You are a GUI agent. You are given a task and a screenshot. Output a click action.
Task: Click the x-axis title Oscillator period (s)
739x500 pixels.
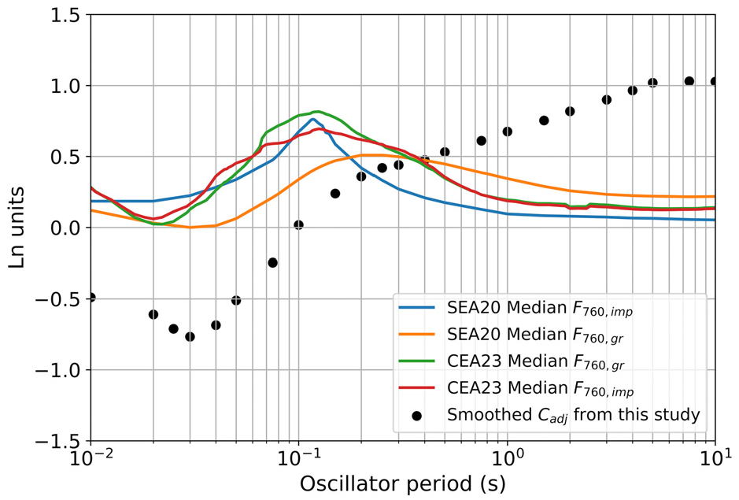coord(402,484)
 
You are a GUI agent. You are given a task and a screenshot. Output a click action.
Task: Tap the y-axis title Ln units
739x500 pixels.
coord(17,228)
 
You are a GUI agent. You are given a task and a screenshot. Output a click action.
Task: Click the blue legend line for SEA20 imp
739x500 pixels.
coord(416,308)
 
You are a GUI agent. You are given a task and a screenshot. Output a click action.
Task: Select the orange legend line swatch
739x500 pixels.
coord(416,335)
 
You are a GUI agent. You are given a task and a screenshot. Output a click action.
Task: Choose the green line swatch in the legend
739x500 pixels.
coord(416,361)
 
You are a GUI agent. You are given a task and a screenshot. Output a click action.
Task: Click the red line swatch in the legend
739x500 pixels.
coord(416,387)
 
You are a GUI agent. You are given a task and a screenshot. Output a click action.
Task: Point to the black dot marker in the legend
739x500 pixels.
coord(416,416)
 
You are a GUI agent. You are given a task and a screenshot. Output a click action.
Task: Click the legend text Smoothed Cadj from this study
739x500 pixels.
coord(574,415)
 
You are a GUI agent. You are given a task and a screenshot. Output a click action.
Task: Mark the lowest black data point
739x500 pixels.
coord(190,336)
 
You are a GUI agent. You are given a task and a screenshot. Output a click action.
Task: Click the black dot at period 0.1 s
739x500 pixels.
coord(298,225)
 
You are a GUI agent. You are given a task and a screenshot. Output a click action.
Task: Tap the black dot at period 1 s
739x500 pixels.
coord(507,131)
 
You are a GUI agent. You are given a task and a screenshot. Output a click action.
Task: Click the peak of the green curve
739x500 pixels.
coord(318,112)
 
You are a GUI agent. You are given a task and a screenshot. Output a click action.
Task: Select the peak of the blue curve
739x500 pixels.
coord(312,119)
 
